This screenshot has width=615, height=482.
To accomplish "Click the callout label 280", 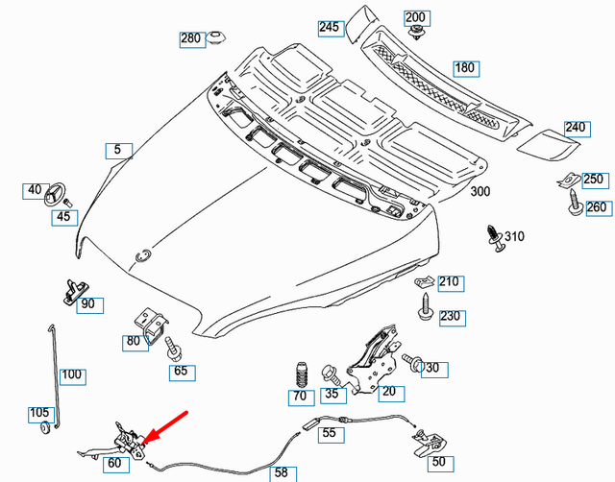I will tap(191, 39).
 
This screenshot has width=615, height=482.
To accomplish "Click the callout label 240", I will tap(576, 128).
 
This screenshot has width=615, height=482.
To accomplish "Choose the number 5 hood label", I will tap(118, 149).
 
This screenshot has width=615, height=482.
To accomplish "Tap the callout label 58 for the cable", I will tap(281, 471).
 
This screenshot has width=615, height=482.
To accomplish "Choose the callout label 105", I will tap(38, 413).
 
